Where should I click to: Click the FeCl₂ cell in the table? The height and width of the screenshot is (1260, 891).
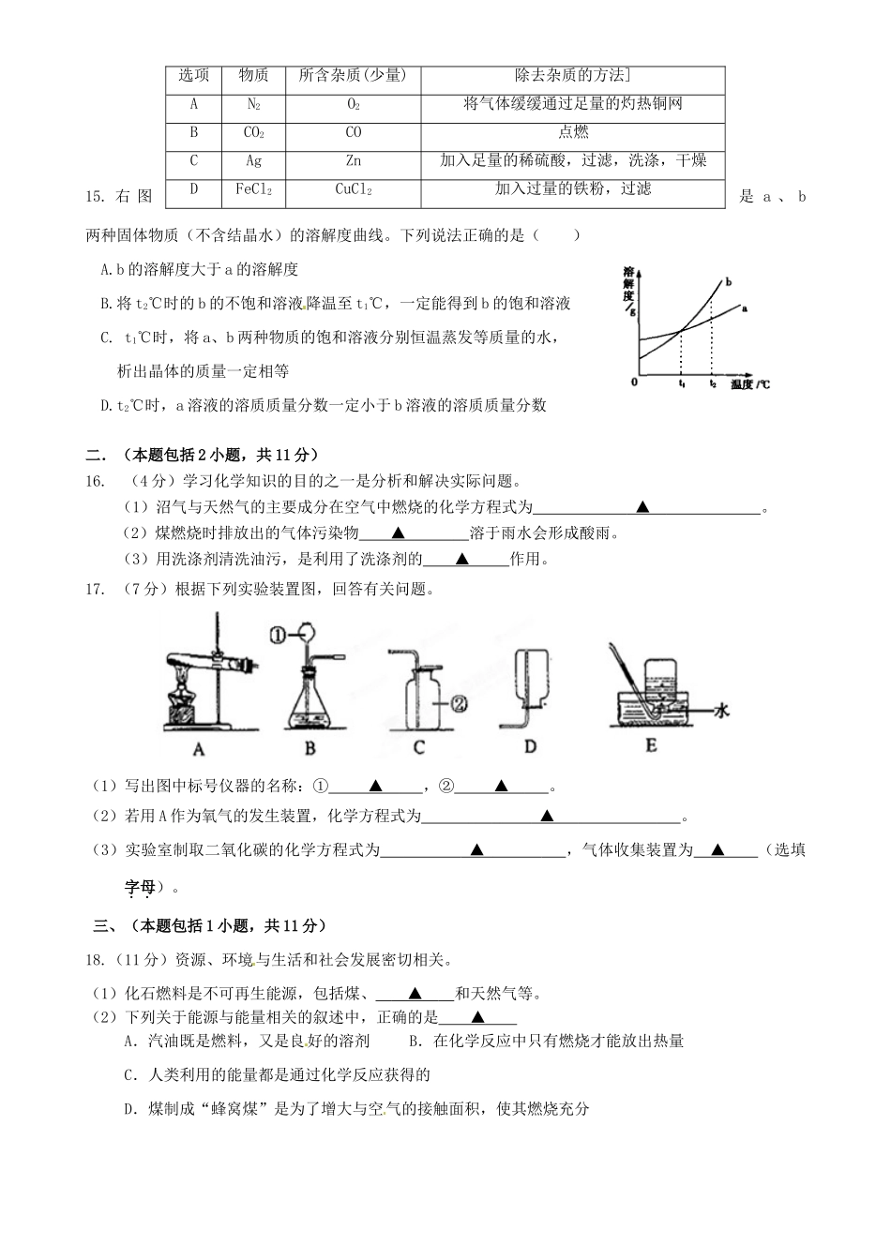[x=253, y=189]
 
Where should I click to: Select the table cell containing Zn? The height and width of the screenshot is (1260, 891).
[x=354, y=160]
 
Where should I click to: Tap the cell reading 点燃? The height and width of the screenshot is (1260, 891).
[x=573, y=132]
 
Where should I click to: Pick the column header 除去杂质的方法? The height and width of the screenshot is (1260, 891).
[x=573, y=76]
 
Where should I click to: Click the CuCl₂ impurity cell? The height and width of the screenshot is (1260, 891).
[x=354, y=189]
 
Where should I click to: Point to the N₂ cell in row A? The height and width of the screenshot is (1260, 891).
[x=253, y=104]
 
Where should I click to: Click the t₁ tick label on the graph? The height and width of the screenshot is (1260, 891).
[x=682, y=384]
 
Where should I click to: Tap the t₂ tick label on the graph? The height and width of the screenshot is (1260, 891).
[x=713, y=384]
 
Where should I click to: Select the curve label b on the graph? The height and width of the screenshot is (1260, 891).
[x=728, y=281]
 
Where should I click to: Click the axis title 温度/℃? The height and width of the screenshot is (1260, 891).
[x=750, y=384]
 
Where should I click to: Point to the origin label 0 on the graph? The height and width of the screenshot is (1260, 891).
[x=635, y=382]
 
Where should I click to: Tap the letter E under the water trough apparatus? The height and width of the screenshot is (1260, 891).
[x=651, y=746]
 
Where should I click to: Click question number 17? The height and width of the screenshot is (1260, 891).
[x=93, y=590]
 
